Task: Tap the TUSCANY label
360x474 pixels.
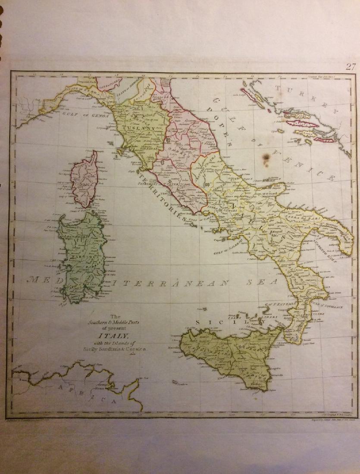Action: click(134, 128)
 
